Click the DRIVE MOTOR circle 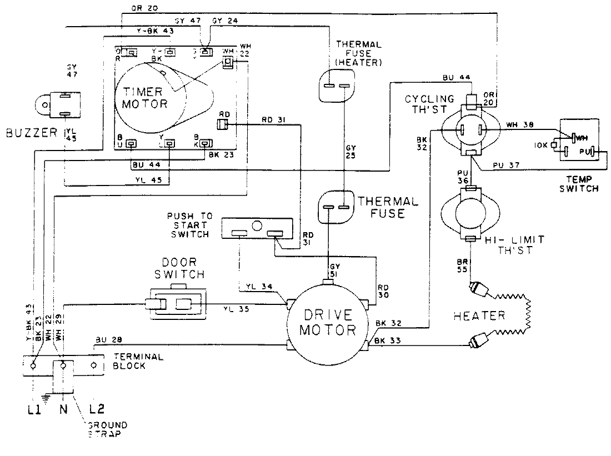coord(327,322)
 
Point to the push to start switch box coord(257,228)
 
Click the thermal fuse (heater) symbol coord(337,86)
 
